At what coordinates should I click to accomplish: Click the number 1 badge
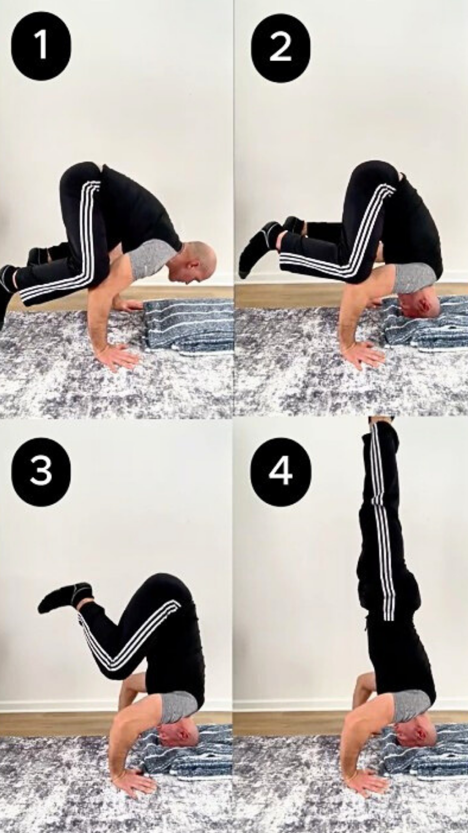(x=41, y=46)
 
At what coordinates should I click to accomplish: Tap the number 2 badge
(x=280, y=47)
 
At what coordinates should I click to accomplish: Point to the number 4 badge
(x=280, y=471)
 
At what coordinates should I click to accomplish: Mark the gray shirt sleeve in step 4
(x=409, y=705)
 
